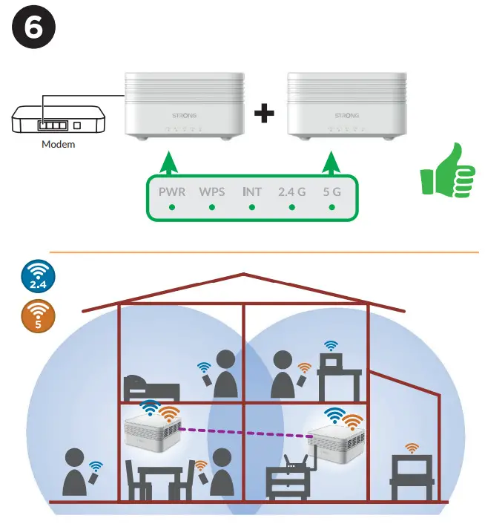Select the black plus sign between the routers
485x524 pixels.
264,114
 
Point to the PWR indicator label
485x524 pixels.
171,191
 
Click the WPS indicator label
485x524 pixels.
211,191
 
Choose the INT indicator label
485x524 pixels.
252,191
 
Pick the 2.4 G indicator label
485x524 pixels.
291,191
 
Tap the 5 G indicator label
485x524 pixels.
332,191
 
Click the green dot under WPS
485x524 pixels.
211,208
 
